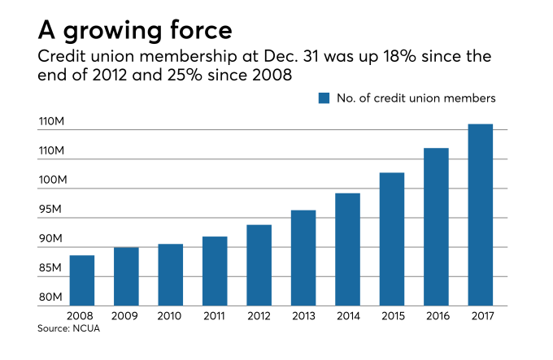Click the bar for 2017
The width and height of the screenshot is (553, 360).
pos(480,215)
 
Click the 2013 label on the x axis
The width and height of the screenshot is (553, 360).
pos(303,316)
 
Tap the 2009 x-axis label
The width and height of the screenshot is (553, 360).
pos(126,316)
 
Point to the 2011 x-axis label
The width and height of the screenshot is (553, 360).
pos(215,316)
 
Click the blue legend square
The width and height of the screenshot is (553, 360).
pos(324,98)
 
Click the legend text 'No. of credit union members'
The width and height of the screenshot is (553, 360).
pos(415,98)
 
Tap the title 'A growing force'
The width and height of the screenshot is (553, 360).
pos(135,30)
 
